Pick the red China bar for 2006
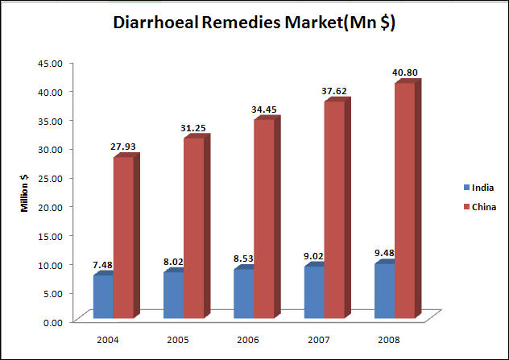pos(263,218)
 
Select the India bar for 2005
pos(173,295)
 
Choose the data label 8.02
pos(175,263)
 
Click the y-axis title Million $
pos(26,192)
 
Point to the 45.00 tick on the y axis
pos(52,62)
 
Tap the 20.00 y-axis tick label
pos(52,206)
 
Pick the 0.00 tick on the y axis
pos(54,322)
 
